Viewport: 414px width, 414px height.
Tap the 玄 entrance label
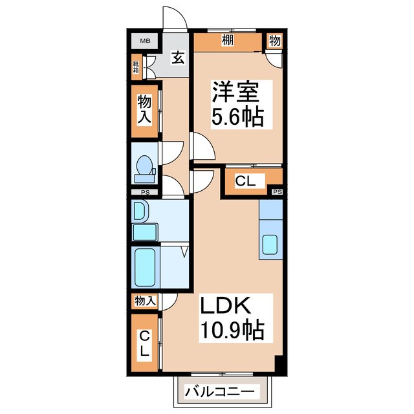(x=177, y=58)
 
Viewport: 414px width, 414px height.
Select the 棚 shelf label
(x=227, y=40)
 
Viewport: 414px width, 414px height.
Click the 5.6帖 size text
(x=237, y=118)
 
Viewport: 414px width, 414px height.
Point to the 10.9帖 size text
(x=230, y=331)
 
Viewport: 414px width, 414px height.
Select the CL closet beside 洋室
(x=245, y=182)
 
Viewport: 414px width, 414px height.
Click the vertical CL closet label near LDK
(x=145, y=344)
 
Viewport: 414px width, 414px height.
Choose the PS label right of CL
(x=278, y=192)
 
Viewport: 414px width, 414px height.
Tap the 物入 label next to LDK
(x=144, y=300)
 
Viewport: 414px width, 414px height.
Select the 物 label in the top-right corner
(x=274, y=41)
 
